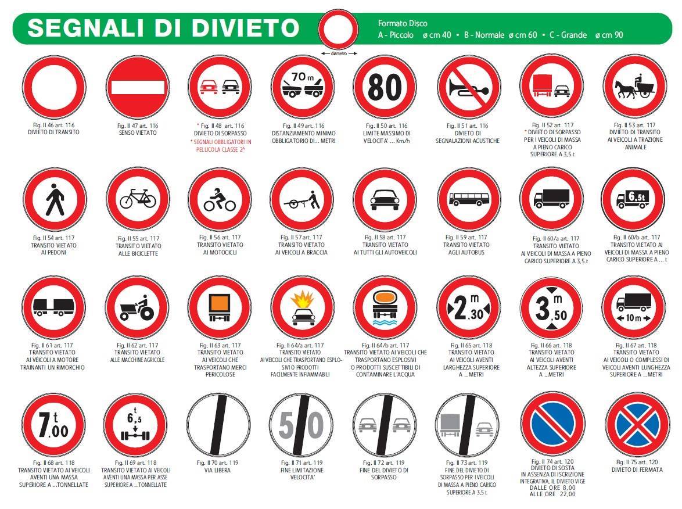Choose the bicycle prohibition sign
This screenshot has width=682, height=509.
pos(138,199)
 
